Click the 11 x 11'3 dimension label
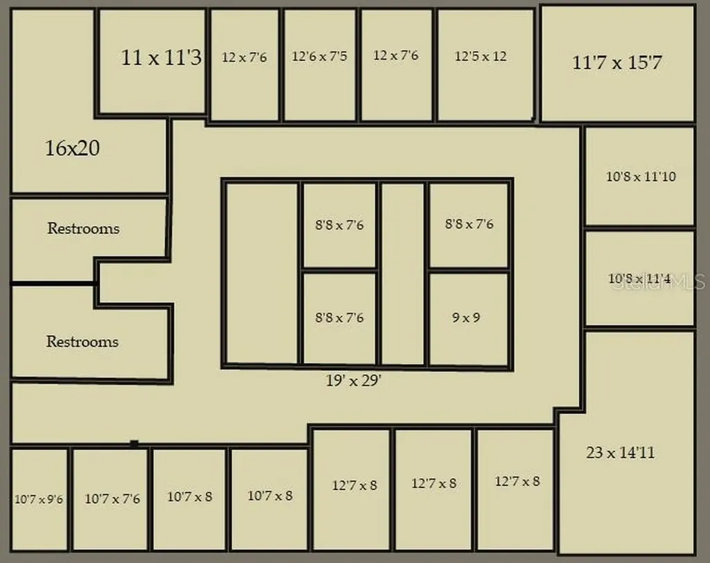[x=161, y=58]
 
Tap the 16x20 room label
[x=72, y=148]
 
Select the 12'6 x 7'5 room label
[x=320, y=56]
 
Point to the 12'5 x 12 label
[x=480, y=56]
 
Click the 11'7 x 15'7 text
[x=617, y=62]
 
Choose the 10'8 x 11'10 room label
[x=641, y=176]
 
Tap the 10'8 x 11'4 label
[x=639, y=279]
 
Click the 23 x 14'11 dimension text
[x=621, y=453]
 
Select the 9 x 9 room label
[x=466, y=318]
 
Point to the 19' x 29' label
[x=354, y=381]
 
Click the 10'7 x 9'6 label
[x=39, y=499]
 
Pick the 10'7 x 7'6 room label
[x=112, y=499]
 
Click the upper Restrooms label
[x=83, y=228]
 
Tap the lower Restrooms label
[x=83, y=342]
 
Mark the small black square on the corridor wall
[x=134, y=444]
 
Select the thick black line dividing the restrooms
[x=53, y=284]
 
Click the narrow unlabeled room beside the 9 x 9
[x=403, y=274]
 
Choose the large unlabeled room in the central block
[x=261, y=273]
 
